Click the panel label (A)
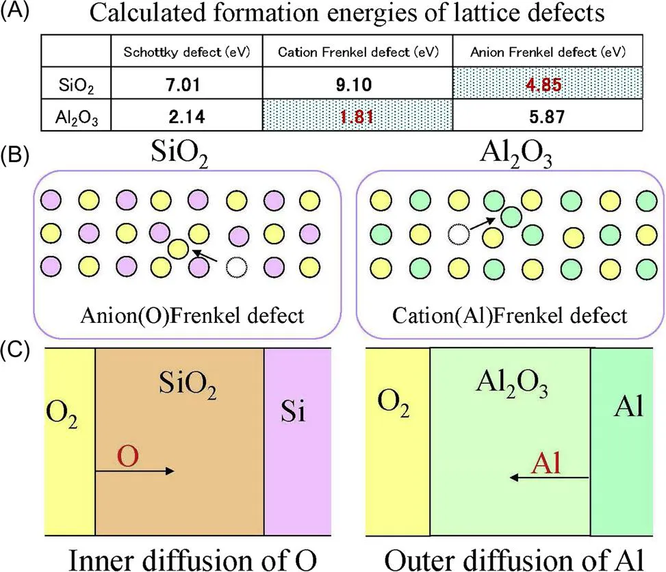click(14, 12)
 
